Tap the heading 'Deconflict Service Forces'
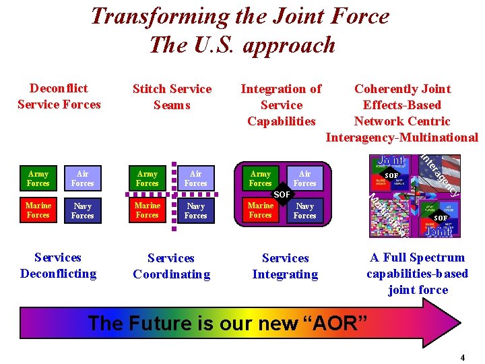point(59,96)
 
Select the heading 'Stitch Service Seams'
point(172,97)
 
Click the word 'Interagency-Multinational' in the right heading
point(401,138)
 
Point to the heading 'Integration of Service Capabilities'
point(281,105)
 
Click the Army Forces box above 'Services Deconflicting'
point(38,179)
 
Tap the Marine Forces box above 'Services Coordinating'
point(147,210)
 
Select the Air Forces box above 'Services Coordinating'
point(195,179)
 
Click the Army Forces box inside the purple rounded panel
point(260,179)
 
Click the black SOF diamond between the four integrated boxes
point(282,195)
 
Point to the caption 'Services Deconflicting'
point(58,266)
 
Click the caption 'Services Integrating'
point(285,266)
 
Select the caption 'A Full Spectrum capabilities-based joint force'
point(418,274)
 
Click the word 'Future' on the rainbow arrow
point(163,323)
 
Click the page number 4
point(462,358)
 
